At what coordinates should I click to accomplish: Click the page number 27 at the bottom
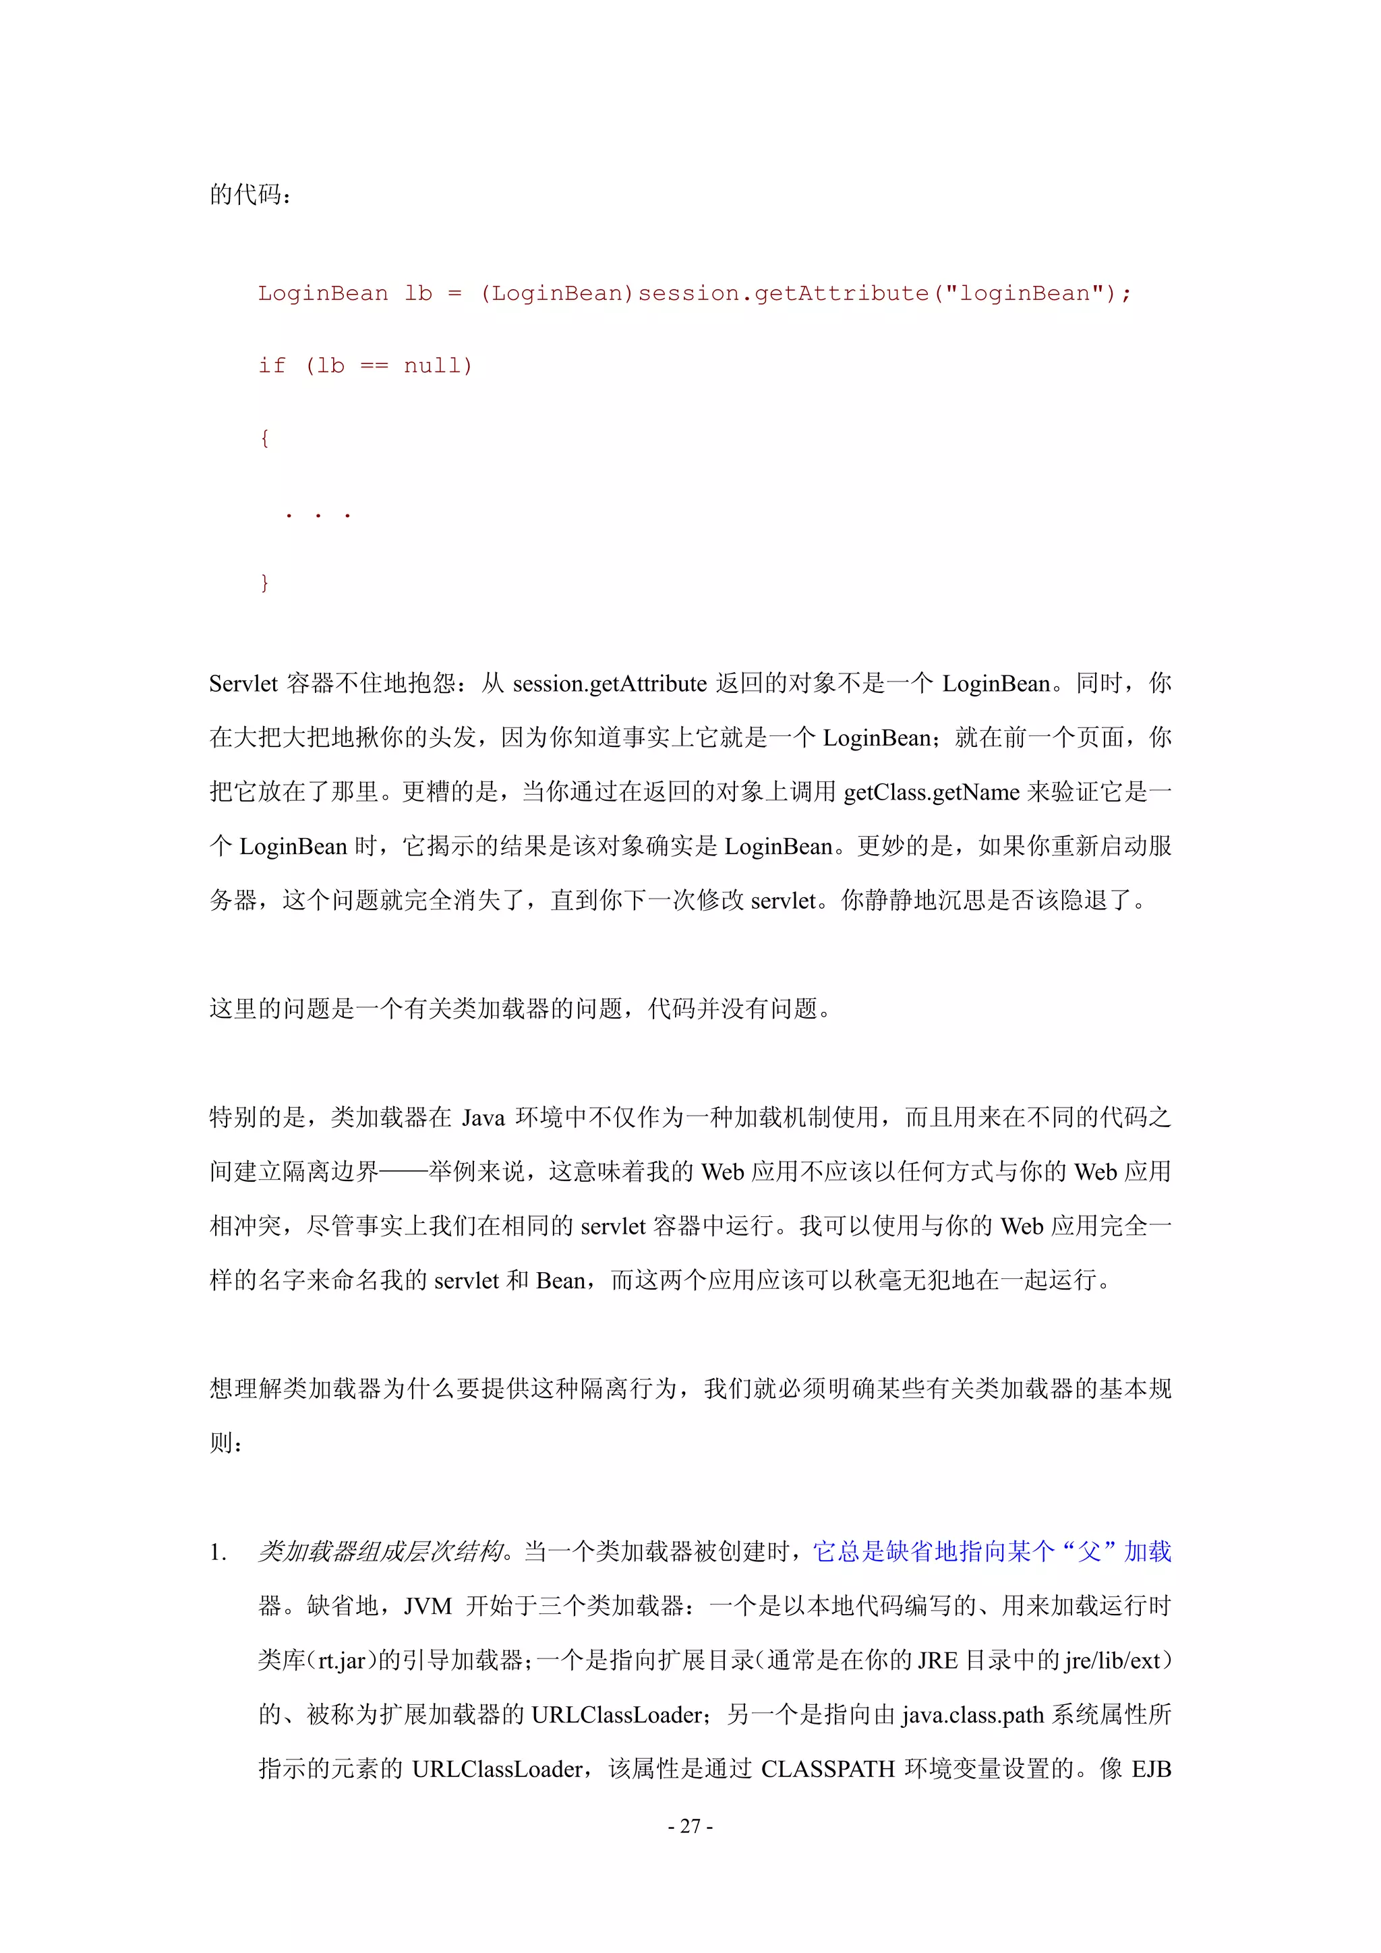690,1826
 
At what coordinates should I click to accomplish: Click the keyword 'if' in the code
272,366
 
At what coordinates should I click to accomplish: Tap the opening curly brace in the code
264,438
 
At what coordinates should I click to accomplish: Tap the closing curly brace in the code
264,582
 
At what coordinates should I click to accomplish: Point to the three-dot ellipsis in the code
318,514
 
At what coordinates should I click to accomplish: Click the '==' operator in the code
374,366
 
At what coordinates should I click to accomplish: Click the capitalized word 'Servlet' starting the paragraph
243,684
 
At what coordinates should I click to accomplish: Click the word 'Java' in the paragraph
483,1118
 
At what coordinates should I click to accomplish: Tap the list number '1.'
218,1553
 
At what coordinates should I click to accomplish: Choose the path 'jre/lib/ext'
1112,1660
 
